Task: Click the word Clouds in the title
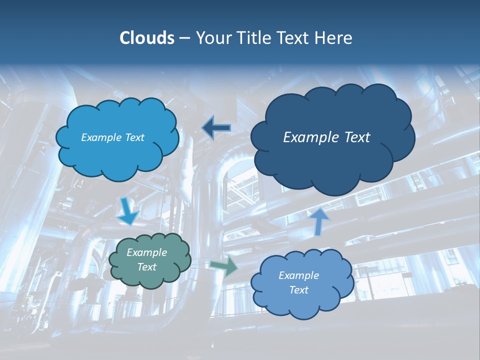146,38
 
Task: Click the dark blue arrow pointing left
216,128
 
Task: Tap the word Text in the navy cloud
357,137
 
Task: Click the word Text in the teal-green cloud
147,267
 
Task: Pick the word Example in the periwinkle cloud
298,275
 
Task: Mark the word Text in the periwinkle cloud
298,290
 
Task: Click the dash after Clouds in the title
184,38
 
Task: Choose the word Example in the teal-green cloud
147,252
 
